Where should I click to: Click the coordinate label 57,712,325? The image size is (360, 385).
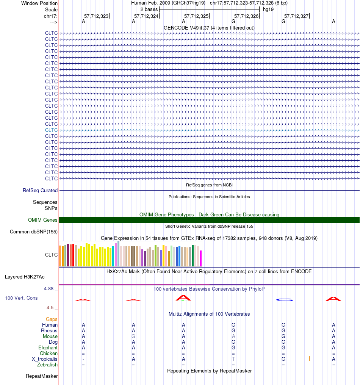[196, 16]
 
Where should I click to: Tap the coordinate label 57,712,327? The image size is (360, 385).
[296, 16]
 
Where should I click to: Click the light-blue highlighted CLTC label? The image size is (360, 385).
[51, 130]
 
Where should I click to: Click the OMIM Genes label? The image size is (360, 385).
[43, 220]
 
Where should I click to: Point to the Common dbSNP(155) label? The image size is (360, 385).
[34, 232]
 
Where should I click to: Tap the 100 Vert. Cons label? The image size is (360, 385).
[21, 298]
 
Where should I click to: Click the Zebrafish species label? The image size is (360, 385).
[47, 365]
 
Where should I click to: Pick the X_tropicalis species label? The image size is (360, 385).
[45, 359]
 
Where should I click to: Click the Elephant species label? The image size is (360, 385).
[48, 348]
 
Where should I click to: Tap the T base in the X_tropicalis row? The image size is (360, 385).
[233, 359]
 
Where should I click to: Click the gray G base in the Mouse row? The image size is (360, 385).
[133, 336]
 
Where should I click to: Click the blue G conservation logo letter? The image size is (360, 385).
[284, 300]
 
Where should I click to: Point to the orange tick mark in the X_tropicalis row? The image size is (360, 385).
[309, 358]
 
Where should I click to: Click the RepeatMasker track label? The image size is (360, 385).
[42, 376]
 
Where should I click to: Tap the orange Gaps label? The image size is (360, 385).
[52, 319]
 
